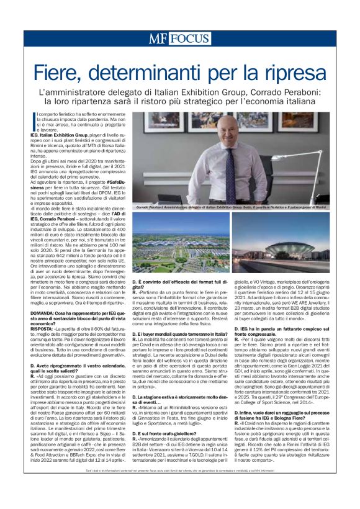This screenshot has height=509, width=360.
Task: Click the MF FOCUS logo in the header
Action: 179,38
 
